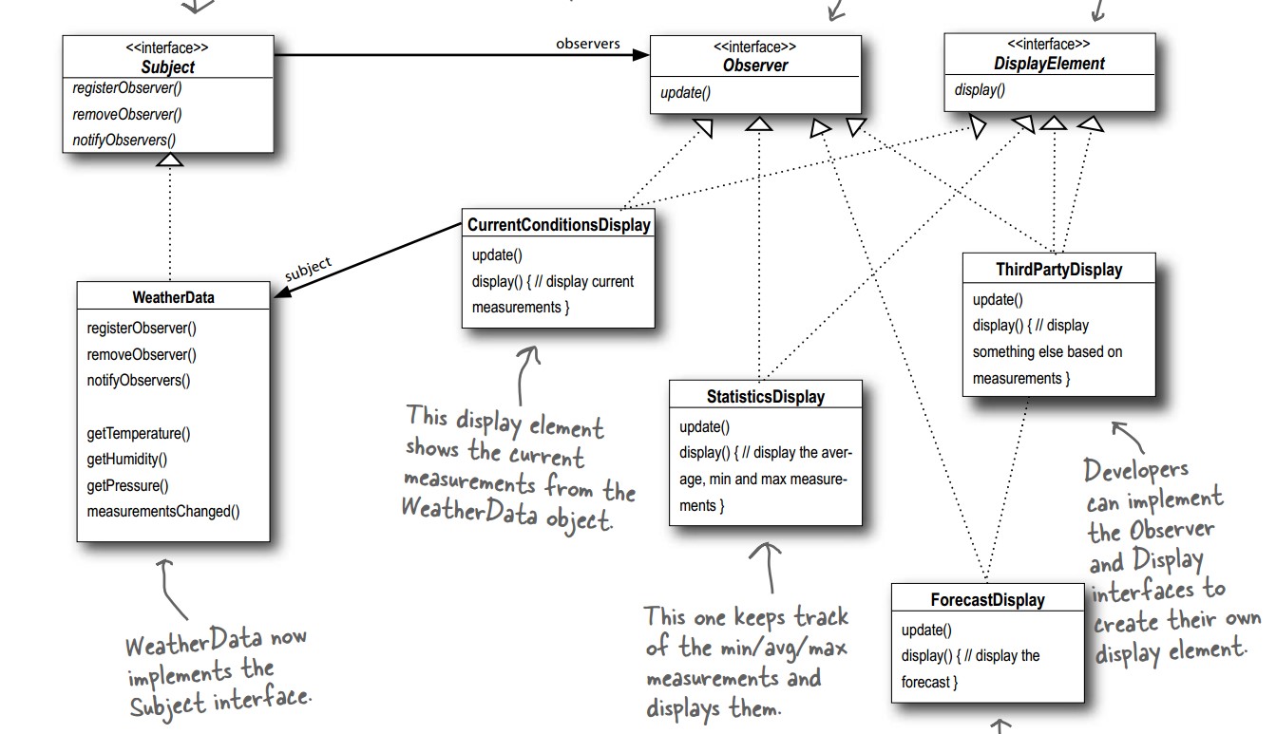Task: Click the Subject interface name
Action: pos(167,67)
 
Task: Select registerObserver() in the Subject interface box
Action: pos(126,88)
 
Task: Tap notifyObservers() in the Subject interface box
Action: pos(124,140)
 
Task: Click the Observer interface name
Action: pos(754,66)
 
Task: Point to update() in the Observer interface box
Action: pos(685,92)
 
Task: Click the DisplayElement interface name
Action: pos(1049,64)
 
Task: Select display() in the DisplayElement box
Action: pos(980,90)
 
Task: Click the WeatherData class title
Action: pos(173,297)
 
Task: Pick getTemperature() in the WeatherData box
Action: pos(138,433)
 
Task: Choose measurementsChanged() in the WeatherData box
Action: pos(162,512)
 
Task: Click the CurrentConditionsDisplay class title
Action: pos(559,225)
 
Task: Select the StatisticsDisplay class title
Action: pos(765,397)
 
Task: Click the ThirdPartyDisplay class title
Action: pos(1058,270)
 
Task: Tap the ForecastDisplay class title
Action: pos(987,600)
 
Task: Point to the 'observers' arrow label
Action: pos(587,43)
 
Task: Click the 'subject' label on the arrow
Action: pos(309,269)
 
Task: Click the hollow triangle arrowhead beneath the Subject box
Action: pos(169,160)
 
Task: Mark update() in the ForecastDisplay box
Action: pos(925,630)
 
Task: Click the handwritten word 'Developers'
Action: pos(1135,470)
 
